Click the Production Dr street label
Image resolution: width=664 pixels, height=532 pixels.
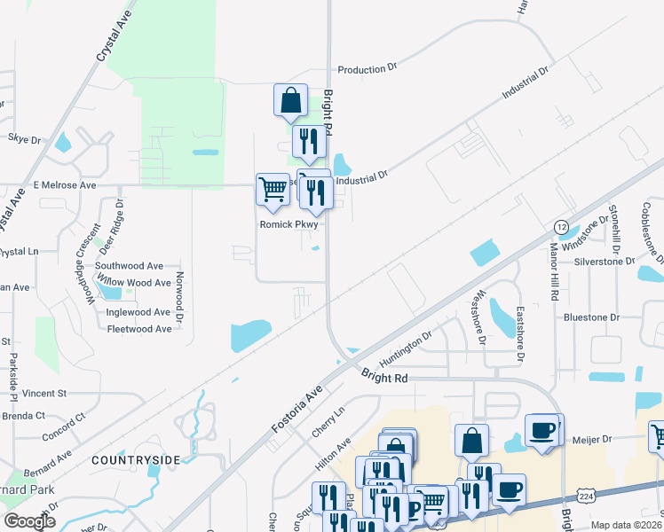(367, 69)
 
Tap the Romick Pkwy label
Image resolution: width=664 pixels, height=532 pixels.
(288, 224)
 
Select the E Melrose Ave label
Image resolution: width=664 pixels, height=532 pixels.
(64, 185)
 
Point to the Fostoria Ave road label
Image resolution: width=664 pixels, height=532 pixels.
(295, 411)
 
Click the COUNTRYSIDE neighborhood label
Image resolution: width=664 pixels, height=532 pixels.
(136, 459)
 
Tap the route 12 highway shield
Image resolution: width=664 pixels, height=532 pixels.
(561, 227)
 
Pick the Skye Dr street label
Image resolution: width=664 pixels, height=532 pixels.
(24, 139)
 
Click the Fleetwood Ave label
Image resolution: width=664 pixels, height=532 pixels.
(138, 329)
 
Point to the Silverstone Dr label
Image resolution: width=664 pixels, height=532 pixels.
(605, 262)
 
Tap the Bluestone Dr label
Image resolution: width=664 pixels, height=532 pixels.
(590, 317)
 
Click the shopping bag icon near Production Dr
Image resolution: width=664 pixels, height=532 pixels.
(290, 100)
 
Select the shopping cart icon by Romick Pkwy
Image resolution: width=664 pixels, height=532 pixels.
(273, 189)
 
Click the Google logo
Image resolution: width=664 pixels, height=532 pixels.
(29, 521)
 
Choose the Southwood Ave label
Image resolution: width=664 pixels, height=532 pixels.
(129, 265)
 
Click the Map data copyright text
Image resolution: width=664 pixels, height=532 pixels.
(625, 525)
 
